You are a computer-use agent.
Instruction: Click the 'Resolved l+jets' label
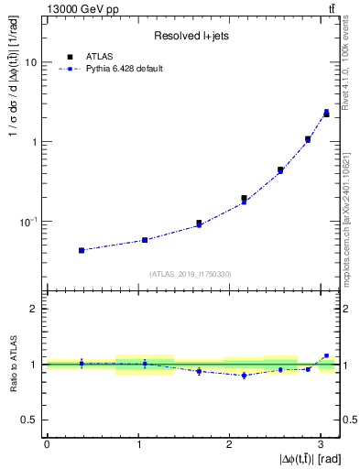point(190,36)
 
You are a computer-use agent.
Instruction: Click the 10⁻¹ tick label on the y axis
point(29,221)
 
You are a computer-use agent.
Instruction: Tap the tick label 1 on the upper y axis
point(36,142)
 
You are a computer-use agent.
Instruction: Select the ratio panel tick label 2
point(36,309)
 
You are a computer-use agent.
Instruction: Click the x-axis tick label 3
point(318,443)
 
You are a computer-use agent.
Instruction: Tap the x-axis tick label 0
point(47,443)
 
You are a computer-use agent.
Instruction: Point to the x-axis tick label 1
point(137,443)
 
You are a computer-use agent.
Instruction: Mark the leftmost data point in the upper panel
point(82,250)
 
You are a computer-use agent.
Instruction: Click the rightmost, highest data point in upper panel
point(326,113)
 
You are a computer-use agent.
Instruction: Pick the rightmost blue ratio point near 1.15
point(326,355)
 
